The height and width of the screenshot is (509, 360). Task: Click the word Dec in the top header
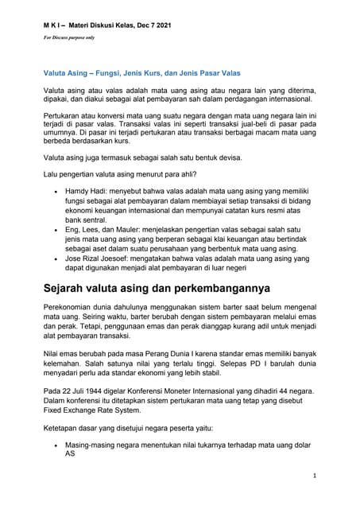click(x=144, y=28)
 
